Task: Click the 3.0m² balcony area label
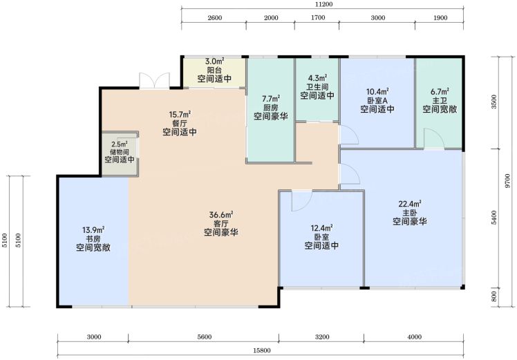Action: [x=215, y=61]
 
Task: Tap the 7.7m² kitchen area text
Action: [x=271, y=99]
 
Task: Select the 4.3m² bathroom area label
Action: [x=317, y=78]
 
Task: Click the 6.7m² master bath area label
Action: [x=440, y=91]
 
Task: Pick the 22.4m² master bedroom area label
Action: [x=410, y=204]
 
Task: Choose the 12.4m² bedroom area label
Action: [x=321, y=228]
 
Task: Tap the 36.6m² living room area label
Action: [x=221, y=215]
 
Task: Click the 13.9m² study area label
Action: [x=93, y=230]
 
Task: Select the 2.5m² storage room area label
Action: [x=120, y=144]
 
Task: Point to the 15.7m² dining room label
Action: [x=180, y=115]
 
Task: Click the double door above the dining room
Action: [x=154, y=80]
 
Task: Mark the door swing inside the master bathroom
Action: [x=434, y=138]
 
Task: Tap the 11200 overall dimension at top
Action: [x=323, y=4]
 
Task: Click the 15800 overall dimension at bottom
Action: [x=262, y=350]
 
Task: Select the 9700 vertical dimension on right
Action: [x=507, y=181]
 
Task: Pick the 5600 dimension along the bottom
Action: [x=205, y=337]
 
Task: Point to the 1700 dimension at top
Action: [x=318, y=17]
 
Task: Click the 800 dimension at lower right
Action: [x=493, y=296]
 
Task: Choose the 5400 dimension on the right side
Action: [x=493, y=218]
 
